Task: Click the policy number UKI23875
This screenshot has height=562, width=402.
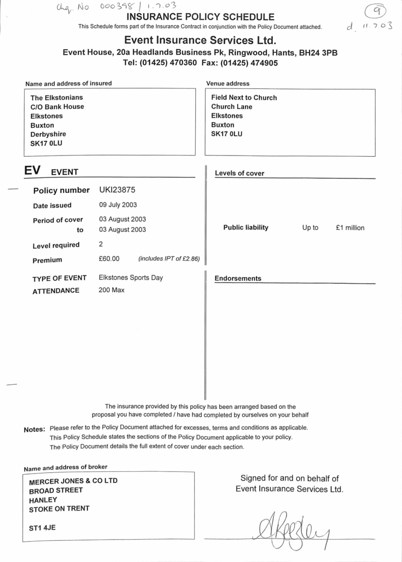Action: (117, 190)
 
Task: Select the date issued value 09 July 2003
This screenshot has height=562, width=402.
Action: (118, 205)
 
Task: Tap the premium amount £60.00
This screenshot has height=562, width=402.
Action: (109, 259)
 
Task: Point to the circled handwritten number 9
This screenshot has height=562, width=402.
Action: (376, 9)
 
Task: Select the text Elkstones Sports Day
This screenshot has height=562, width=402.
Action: (131, 278)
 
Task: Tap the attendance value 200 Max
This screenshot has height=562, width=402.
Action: (111, 290)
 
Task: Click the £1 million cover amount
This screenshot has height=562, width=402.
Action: (350, 228)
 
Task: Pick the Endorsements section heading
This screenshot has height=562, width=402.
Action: (238, 278)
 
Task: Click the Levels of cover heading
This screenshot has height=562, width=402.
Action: (239, 173)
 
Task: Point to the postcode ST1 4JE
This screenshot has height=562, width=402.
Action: (42, 527)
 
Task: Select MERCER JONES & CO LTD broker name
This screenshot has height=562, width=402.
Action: (73, 481)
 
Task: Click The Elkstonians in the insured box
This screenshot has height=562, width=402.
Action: (57, 98)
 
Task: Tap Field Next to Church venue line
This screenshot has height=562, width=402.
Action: (244, 98)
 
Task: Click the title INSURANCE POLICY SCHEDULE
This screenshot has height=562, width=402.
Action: (200, 17)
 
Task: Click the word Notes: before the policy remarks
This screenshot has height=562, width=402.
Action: (34, 430)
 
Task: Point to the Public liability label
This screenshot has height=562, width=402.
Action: (246, 228)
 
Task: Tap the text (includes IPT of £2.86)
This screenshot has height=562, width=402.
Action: (169, 259)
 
